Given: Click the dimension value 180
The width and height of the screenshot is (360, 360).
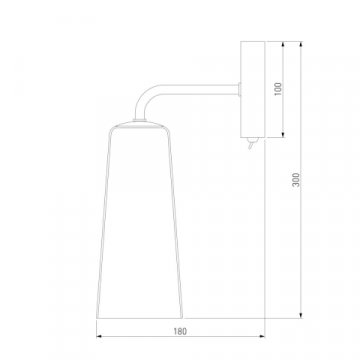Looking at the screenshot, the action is click(x=180, y=331).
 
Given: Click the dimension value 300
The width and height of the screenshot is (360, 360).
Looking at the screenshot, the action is click(x=297, y=180).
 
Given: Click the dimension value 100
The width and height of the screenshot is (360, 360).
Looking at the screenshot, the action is click(x=278, y=89).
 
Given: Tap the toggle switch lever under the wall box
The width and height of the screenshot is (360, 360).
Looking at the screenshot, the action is click(x=252, y=144).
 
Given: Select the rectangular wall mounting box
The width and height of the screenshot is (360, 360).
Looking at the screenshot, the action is click(x=253, y=89).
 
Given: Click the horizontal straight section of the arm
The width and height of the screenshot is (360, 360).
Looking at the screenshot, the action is click(x=199, y=90).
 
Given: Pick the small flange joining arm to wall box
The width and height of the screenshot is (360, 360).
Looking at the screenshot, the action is click(x=240, y=90).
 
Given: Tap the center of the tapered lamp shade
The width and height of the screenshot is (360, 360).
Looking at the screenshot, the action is click(x=140, y=219).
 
